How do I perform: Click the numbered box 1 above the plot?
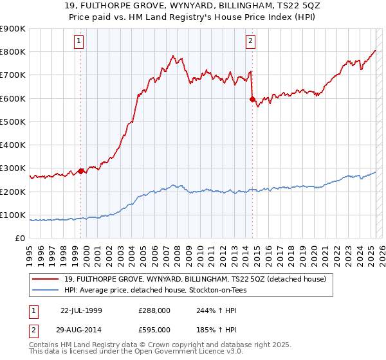[78, 42]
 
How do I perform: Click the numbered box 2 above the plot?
[250, 42]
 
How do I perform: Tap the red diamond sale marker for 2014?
[252, 99]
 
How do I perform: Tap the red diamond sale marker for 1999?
[81, 171]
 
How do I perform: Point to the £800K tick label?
[14, 51]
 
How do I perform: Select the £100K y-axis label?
[14, 215]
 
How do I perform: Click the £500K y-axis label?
[14, 122]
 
